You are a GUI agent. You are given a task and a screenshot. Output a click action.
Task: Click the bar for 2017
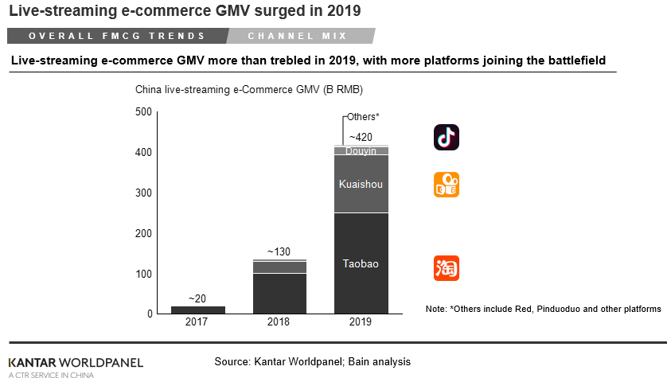198,310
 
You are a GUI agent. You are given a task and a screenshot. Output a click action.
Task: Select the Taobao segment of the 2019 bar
361,263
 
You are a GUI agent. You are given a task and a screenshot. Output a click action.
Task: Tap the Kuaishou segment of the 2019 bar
361,185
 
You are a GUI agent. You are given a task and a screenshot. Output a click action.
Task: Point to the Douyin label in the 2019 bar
361,150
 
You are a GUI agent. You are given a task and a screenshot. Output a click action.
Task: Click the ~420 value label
361,137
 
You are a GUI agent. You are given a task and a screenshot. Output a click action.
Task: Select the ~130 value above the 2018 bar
279,251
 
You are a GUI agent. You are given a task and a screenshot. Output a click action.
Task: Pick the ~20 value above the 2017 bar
197,298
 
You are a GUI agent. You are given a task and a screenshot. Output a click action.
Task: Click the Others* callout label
363,117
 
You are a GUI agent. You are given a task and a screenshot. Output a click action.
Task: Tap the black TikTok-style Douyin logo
447,138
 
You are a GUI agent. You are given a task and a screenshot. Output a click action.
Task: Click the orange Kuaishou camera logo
447,185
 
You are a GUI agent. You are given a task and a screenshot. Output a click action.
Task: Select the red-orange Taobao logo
447,268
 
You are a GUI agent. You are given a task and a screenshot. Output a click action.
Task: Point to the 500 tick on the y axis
143,111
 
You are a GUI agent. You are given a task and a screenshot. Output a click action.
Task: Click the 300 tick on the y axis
143,193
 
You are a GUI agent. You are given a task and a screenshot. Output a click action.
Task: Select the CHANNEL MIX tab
295,36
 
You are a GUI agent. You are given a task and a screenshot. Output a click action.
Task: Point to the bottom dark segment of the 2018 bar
279,294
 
